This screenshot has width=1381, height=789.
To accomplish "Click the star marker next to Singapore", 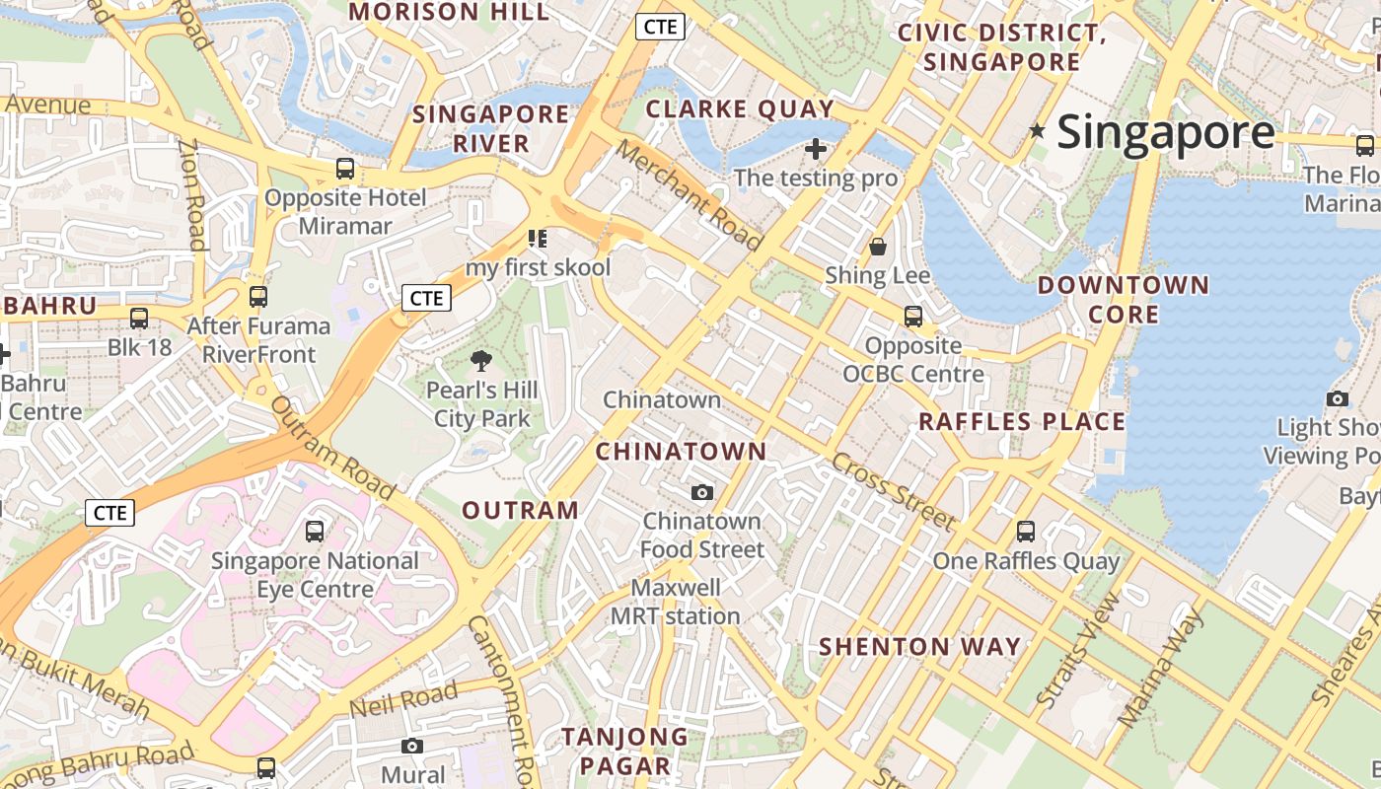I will point(1037,130).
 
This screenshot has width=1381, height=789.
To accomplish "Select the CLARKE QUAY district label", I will point(740,108).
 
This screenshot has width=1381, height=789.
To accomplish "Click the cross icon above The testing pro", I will point(816,149).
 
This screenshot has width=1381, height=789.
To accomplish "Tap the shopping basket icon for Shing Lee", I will point(878,246).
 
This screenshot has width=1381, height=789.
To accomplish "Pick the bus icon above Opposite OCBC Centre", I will point(913,317).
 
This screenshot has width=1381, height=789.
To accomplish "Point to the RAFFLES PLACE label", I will point(1022,422).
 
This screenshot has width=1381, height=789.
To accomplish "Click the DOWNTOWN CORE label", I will point(1123,300).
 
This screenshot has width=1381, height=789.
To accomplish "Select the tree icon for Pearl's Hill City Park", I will point(481,361).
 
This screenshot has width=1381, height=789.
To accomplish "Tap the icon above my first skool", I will point(538,238).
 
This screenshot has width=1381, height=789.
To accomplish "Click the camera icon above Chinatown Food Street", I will point(702,492).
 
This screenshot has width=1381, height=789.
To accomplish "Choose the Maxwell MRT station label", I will point(676,602).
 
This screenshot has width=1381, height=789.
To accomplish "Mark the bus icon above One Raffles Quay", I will point(1026,532).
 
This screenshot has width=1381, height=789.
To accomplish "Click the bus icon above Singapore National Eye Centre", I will point(315,532).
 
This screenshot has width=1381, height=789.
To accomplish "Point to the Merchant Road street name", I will point(690,195).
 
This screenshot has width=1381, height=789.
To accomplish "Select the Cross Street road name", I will point(894,491).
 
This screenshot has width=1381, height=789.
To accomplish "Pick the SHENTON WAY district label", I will point(920,647).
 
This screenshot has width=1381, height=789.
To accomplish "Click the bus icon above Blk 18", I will point(139,318).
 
